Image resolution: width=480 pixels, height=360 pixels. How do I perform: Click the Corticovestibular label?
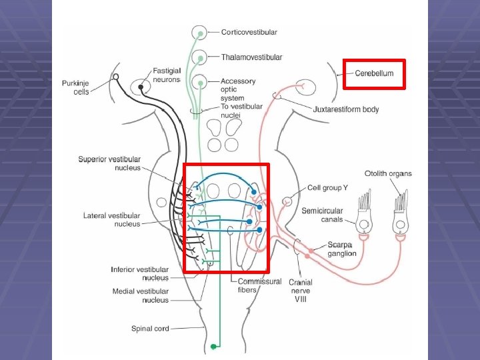tap(249, 32)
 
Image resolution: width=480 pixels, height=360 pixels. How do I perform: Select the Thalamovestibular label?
tap(251, 57)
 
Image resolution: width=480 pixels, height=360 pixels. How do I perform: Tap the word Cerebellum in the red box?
tap(374, 73)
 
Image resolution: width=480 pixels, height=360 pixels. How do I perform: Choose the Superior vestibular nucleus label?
tap(109, 163)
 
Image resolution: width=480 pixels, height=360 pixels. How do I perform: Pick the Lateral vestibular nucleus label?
tap(112, 220)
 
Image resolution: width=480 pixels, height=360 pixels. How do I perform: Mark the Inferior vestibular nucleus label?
tap(139, 273)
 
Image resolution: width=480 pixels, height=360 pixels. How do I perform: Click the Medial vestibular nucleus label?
tap(140, 295)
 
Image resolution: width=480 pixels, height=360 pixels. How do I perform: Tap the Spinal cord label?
tap(151, 328)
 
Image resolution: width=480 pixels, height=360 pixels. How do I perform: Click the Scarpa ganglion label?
tap(342, 249)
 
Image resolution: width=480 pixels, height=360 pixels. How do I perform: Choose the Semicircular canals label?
tap(322, 215)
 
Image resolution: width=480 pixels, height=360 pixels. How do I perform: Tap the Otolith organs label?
tap(388, 174)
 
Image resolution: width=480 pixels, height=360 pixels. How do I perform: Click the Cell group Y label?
tap(327, 188)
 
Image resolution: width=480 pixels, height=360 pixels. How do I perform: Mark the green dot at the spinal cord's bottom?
tap(213, 347)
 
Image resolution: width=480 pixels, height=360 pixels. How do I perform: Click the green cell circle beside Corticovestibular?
tap(199, 32)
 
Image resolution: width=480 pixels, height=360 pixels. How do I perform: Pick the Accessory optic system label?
tap(238, 90)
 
